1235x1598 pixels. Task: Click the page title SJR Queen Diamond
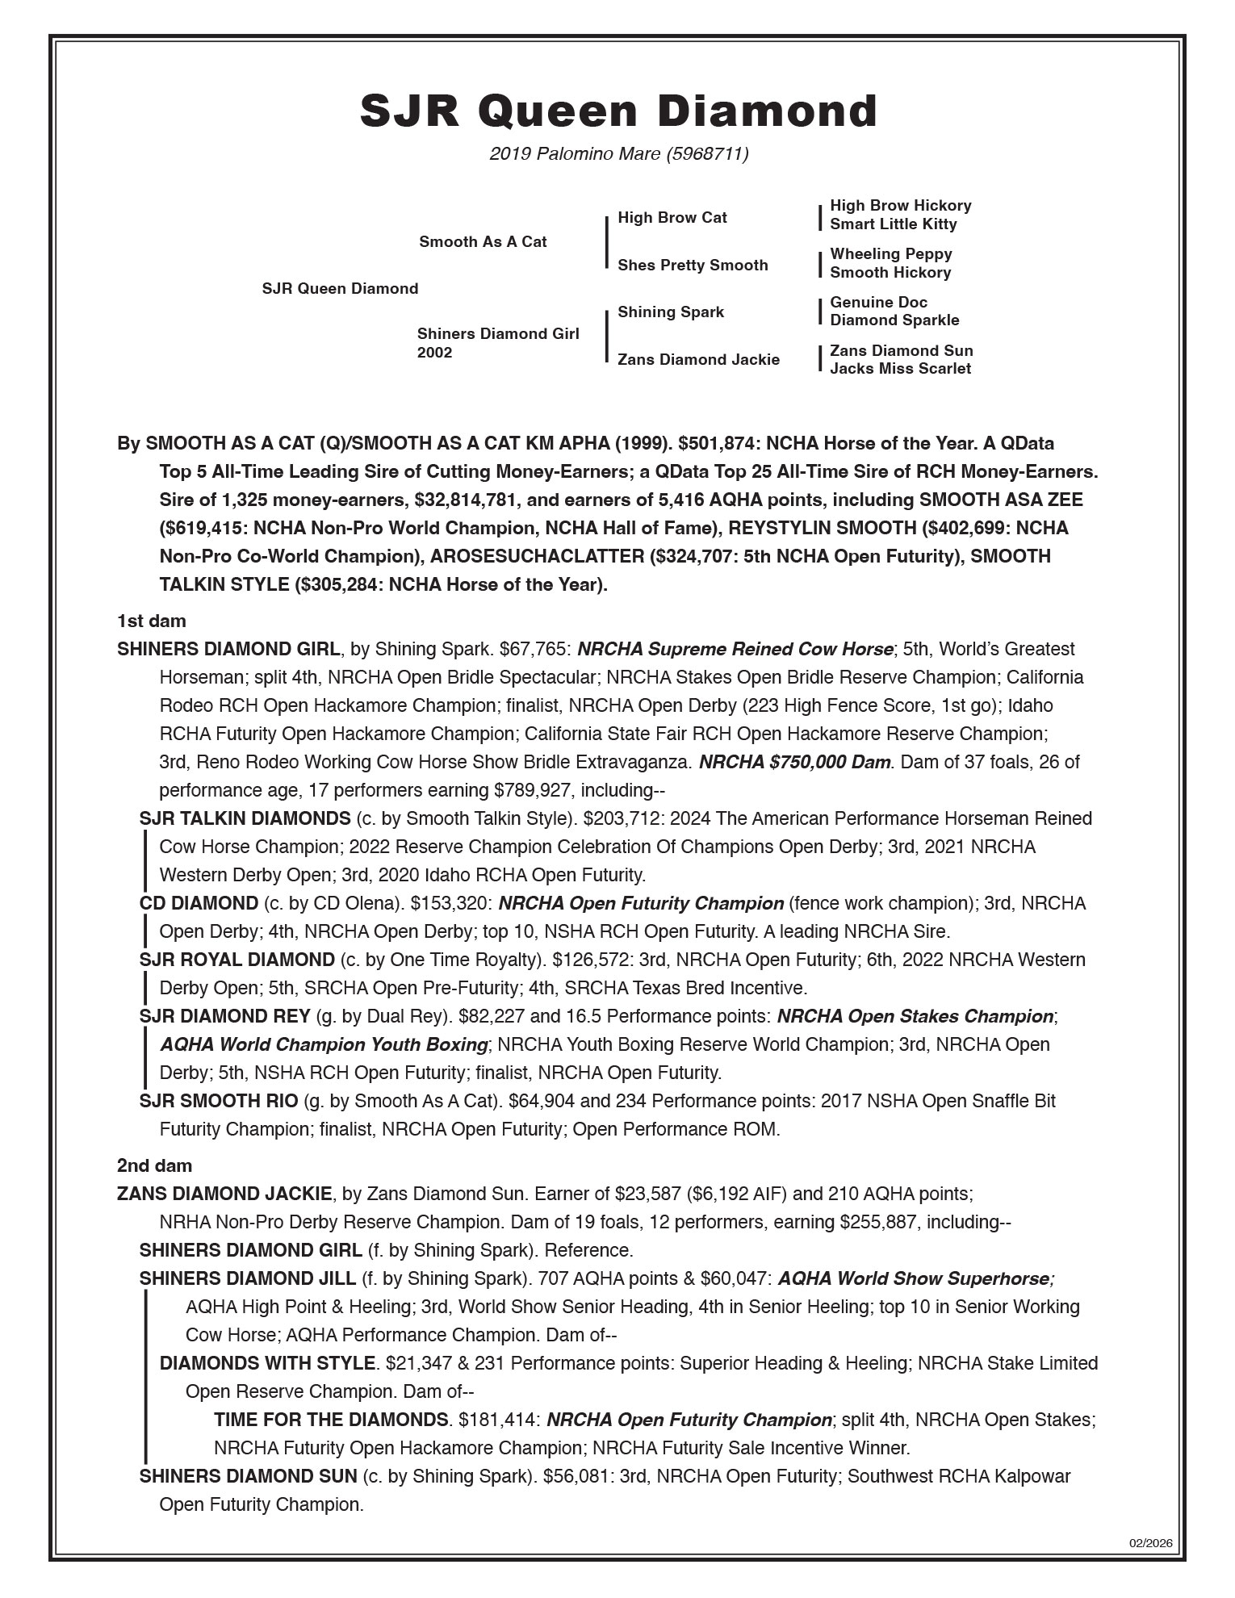click(618, 111)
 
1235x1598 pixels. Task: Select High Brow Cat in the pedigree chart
click(672, 218)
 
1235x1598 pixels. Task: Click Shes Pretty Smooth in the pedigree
click(693, 266)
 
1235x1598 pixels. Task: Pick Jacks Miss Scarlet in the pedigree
click(900, 369)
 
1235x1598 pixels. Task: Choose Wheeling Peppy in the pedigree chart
click(890, 254)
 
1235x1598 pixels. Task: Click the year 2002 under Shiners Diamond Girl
click(434, 353)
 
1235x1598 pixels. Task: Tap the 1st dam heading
click(151, 621)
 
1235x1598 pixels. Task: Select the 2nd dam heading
click(154, 1165)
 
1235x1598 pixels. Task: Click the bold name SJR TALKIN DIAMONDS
click(245, 818)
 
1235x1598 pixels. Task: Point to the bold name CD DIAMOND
click(198, 903)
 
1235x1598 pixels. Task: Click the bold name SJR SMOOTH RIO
click(218, 1101)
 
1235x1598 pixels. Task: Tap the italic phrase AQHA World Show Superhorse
click(915, 1278)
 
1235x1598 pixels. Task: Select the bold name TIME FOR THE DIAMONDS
click(331, 1420)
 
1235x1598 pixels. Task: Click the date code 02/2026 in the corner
click(1149, 1543)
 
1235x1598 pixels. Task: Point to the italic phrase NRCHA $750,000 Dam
click(795, 762)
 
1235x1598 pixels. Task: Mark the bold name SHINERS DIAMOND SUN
click(248, 1476)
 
